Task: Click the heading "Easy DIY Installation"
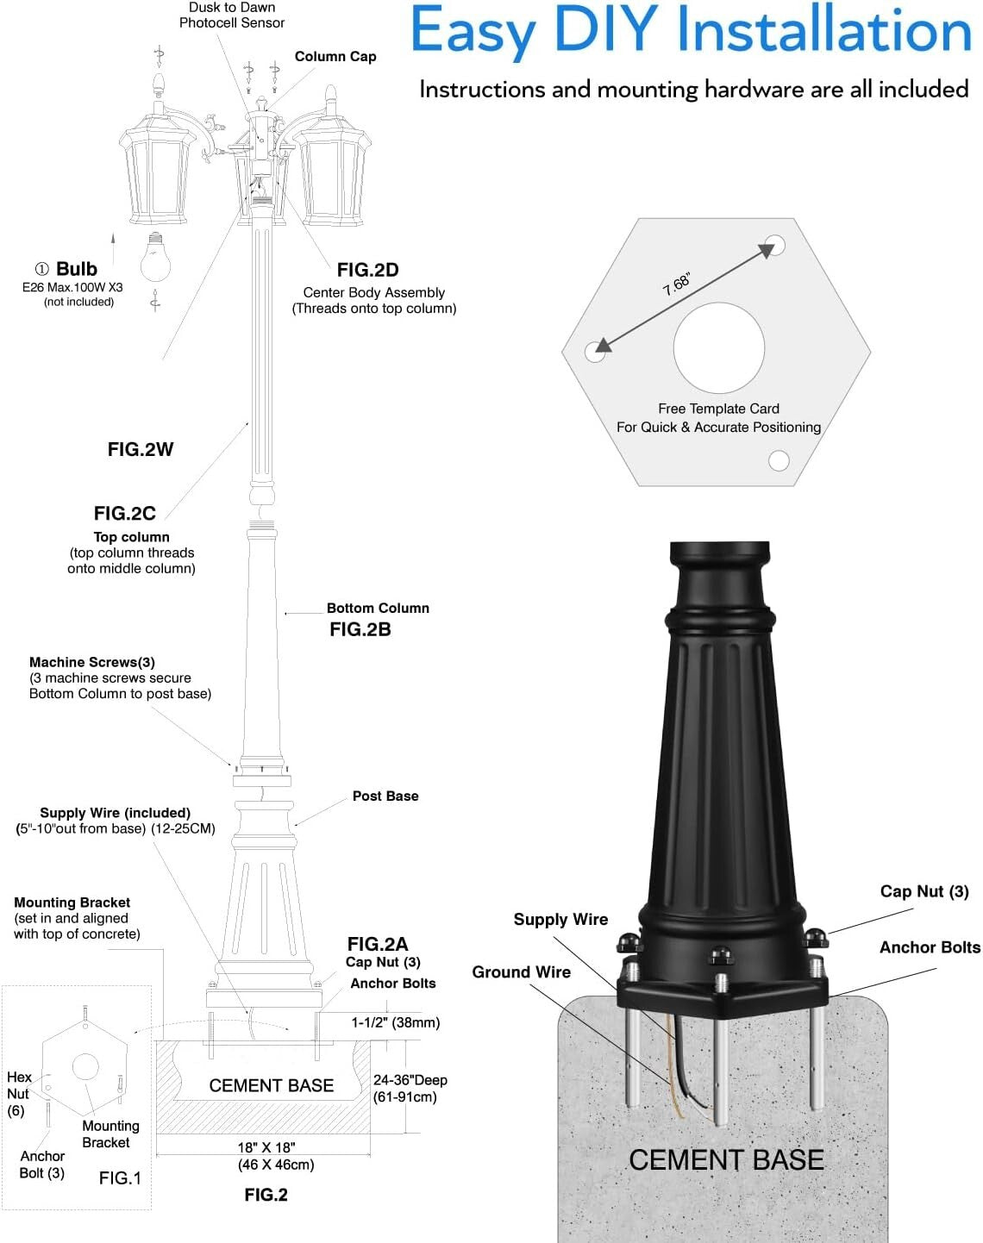(691, 31)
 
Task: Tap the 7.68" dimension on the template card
(677, 284)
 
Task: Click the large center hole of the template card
(718, 348)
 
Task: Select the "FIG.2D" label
(367, 270)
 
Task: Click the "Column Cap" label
(335, 57)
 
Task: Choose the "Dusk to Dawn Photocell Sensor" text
(232, 16)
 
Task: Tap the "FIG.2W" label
(141, 449)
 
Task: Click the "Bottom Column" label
(378, 608)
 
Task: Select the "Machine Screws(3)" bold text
(92, 662)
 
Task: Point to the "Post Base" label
(385, 796)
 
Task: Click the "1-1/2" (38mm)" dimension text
(395, 1022)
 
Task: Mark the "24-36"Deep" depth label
(410, 1080)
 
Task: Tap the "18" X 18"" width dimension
(266, 1147)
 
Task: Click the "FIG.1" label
(120, 1177)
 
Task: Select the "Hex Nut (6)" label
(18, 1093)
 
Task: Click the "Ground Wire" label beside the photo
(521, 972)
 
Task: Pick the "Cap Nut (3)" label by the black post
(924, 891)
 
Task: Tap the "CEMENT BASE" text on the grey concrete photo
(726, 1160)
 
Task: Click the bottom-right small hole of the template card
(779, 461)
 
